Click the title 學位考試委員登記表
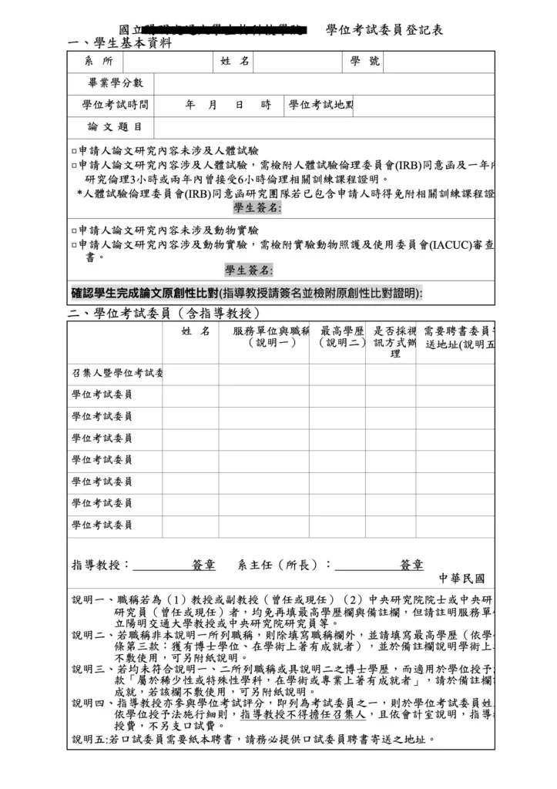384,30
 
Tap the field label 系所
99,62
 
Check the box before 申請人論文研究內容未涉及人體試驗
74,151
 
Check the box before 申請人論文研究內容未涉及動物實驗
74,230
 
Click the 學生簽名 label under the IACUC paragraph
248,270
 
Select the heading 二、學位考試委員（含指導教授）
163,313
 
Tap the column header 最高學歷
342,331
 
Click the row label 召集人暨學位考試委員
117,374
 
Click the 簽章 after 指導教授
204,565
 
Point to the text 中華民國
462,579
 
